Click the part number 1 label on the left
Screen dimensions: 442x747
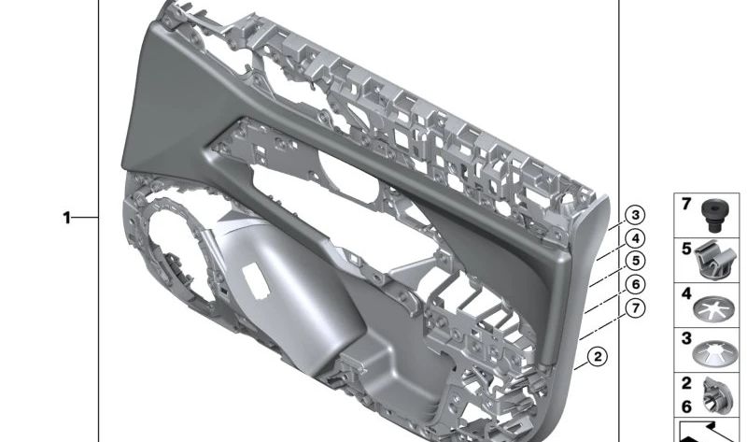tap(66, 218)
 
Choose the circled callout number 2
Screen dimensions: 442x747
tap(598, 355)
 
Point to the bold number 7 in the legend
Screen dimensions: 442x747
tap(684, 205)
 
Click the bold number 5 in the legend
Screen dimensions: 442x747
tap(684, 249)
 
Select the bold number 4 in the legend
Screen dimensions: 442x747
tap(684, 293)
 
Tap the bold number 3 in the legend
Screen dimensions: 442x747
tap(684, 338)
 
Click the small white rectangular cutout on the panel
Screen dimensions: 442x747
tap(253, 277)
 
